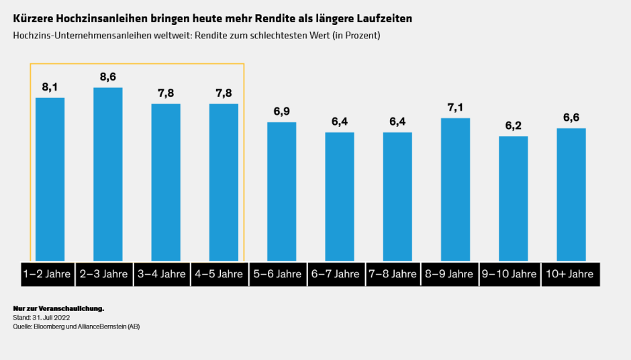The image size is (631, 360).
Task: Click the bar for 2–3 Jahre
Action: point(107,174)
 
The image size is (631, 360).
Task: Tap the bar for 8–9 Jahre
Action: point(455,189)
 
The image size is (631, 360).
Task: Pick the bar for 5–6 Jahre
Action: point(281,191)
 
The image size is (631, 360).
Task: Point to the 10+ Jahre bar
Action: point(571,194)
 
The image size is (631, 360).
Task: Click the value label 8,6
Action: point(107,77)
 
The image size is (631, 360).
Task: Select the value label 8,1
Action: point(50,87)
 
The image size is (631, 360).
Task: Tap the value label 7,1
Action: point(455,107)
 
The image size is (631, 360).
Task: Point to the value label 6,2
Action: point(514,125)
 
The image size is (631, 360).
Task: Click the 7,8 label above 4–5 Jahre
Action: point(224,93)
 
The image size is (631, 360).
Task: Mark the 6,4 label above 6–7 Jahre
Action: point(340,121)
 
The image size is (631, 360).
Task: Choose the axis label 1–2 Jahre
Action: point(50,274)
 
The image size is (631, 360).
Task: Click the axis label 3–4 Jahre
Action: point(165,274)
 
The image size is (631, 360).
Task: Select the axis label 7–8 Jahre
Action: point(397,274)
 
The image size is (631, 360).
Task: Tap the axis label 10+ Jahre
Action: point(571,274)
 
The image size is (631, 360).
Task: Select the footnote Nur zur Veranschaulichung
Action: point(58,308)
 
